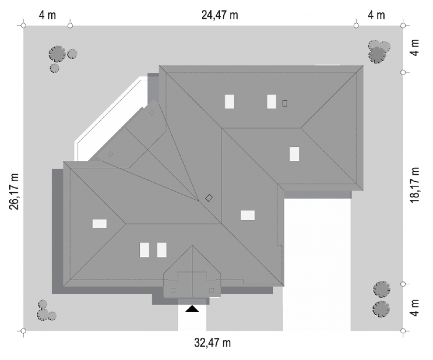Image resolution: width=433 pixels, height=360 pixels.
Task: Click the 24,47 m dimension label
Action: point(219,15)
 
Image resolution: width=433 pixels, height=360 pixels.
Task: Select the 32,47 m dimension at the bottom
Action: point(212,343)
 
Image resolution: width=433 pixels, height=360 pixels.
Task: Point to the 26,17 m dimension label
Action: point(14,192)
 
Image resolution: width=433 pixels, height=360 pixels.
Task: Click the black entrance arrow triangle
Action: point(192,309)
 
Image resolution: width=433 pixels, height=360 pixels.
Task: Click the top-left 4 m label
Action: point(47,15)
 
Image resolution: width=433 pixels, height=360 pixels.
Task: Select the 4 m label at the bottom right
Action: point(415,308)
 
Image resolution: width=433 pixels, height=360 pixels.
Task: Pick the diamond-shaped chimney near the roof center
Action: point(209,198)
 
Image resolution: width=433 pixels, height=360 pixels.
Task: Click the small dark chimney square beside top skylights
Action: point(285,103)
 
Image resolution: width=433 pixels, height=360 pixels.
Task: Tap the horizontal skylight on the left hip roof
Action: point(100,224)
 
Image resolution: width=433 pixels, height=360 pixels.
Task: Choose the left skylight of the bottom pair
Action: point(144,250)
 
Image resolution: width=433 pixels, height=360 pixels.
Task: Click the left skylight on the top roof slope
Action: point(230,102)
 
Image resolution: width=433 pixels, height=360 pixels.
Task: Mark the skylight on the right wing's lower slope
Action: point(294,154)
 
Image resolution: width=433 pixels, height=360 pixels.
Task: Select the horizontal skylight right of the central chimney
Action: point(248,215)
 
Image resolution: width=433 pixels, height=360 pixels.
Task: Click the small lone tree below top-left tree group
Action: point(55,68)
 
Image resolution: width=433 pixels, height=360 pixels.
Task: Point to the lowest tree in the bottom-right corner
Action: point(381,309)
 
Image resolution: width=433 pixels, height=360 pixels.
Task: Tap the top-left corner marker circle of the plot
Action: point(23,26)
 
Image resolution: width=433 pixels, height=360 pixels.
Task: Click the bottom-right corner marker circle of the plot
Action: point(403,331)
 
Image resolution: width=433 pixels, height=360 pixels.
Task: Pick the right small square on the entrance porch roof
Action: point(212,290)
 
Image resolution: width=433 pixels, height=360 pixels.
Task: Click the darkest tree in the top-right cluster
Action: point(377,55)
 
